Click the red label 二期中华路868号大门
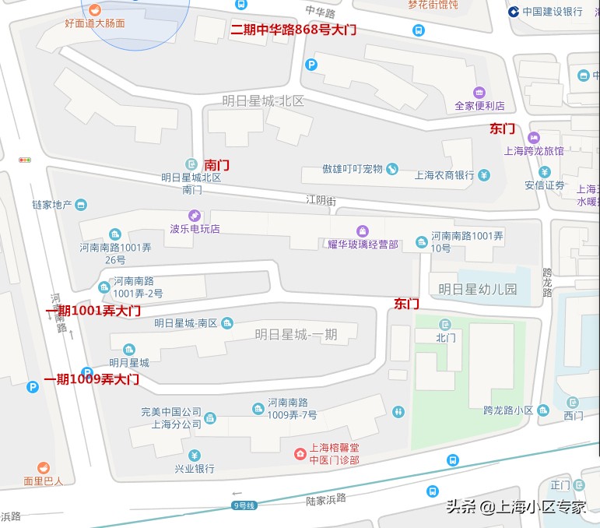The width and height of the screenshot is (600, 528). tap(293, 30)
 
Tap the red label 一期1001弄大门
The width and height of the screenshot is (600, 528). tap(93, 311)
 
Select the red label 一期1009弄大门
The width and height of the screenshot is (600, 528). tap(91, 379)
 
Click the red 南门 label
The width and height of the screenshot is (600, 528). tap(216, 166)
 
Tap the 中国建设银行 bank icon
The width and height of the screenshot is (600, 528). tap(514, 12)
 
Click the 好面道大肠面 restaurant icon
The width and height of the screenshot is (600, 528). tap(94, 9)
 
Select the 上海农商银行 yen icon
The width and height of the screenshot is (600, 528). tap(484, 174)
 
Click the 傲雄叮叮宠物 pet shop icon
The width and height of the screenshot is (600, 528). tap(392, 169)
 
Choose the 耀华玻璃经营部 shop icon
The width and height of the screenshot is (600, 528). tap(362, 231)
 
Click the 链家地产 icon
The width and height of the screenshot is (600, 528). tap(82, 205)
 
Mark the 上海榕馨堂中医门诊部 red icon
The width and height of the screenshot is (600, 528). tap(299, 453)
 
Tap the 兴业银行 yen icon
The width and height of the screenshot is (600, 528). tap(194, 456)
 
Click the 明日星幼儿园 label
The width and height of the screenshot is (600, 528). tap(477, 289)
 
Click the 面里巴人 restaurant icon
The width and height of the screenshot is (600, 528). tap(43, 467)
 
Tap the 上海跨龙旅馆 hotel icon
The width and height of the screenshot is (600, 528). tap(534, 137)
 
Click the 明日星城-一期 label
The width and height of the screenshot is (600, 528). tap(296, 334)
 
